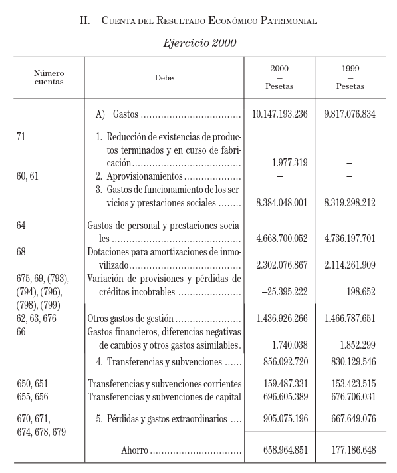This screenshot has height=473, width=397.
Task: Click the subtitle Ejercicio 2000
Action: pyautogui.click(x=198, y=43)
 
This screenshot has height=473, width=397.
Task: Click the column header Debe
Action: pyautogui.click(x=164, y=78)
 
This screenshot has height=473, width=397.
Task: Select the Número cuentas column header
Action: pyautogui.click(x=49, y=77)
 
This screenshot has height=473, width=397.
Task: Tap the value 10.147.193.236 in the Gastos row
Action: pyautogui.click(x=279, y=114)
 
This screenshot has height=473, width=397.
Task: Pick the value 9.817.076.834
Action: pyautogui.click(x=350, y=114)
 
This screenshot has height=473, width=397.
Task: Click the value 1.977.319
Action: pyautogui.click(x=289, y=163)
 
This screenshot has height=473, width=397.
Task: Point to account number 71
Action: pyautogui.click(x=21, y=136)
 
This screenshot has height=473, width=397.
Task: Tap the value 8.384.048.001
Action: pyautogui.click(x=279, y=204)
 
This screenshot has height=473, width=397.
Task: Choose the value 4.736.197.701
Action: pyautogui.click(x=350, y=238)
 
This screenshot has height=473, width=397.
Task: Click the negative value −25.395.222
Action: pyautogui.click(x=281, y=291)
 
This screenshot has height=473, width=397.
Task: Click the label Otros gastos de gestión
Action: pyautogui.click(x=131, y=319)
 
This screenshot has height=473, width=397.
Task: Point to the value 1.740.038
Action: pyautogui.click(x=289, y=345)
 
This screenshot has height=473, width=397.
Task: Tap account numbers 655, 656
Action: pyautogui.click(x=33, y=397)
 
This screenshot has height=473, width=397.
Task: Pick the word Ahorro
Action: pyautogui.click(x=134, y=450)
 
